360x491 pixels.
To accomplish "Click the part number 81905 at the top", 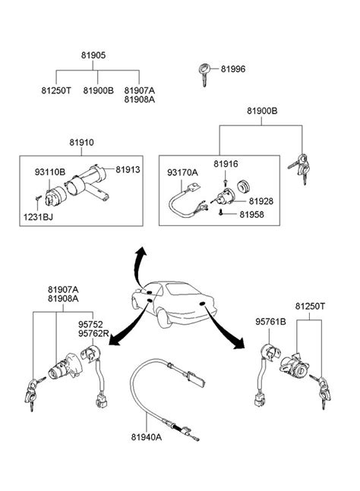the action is click(93, 55).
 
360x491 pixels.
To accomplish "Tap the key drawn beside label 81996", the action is click(204, 74).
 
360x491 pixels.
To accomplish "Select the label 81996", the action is click(233, 69).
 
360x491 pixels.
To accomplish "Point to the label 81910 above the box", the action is click(81, 143).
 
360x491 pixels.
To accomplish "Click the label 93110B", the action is click(50, 172).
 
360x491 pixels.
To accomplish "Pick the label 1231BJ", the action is click(38, 217).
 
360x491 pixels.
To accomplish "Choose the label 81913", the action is click(128, 169).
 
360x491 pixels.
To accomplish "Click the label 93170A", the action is click(182, 172).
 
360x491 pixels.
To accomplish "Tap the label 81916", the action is click(226, 164).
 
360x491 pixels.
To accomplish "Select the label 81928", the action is click(261, 201).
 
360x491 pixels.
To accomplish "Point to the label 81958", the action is click(251, 215).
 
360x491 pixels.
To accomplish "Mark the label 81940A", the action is click(147, 437).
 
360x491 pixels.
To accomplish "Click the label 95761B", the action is click(270, 322).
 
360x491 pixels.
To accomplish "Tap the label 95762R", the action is click(93, 334).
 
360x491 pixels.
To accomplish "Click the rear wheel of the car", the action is click(163, 318).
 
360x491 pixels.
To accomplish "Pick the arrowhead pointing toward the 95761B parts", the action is click(239, 344).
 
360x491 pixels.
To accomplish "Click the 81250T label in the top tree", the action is click(56, 90).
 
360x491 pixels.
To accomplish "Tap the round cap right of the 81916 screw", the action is click(243, 186).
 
